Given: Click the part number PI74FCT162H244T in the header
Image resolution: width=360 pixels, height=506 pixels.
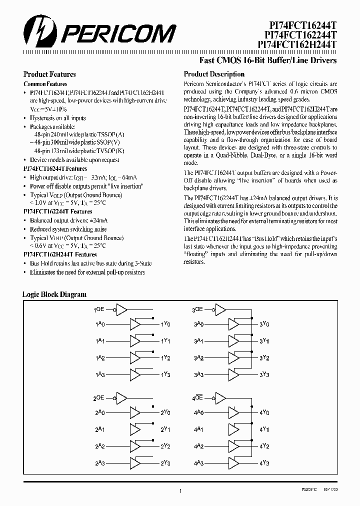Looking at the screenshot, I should (297, 44).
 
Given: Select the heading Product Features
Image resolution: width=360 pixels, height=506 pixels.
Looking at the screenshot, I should (50, 74).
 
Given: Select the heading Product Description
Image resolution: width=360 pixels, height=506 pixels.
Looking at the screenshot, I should (214, 74).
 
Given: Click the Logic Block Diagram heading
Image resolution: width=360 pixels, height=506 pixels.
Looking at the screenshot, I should (54, 294).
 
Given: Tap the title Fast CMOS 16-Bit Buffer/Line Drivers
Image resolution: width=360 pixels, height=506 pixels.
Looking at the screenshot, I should (268, 60).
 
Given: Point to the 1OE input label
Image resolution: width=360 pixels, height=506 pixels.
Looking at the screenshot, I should (99, 310).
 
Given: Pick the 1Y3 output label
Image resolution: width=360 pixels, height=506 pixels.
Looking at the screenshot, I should (165, 374).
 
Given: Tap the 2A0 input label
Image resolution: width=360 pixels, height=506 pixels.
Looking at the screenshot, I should (100, 413).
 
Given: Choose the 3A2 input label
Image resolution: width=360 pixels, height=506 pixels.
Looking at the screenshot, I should (198, 358).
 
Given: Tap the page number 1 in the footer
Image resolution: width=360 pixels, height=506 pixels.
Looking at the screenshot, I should (180, 492).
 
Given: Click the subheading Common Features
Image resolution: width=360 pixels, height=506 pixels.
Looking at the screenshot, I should (45, 84).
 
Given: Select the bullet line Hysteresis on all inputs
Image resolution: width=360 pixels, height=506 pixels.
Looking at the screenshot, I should (57, 118).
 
